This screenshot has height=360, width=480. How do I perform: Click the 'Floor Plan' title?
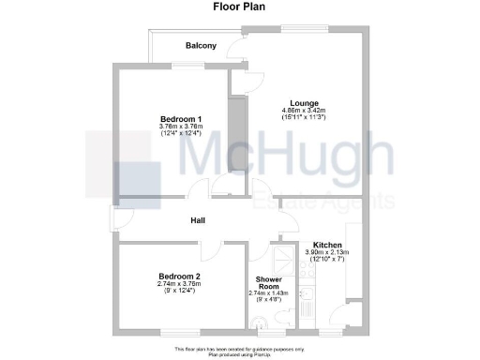239,8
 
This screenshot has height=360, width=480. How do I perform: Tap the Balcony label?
201,46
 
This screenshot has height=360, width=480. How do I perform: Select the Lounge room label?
303,103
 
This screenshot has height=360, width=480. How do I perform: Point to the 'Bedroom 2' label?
179,277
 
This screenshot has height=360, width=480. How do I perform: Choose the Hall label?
199,221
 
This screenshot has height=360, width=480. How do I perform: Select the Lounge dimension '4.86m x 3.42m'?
303,111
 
